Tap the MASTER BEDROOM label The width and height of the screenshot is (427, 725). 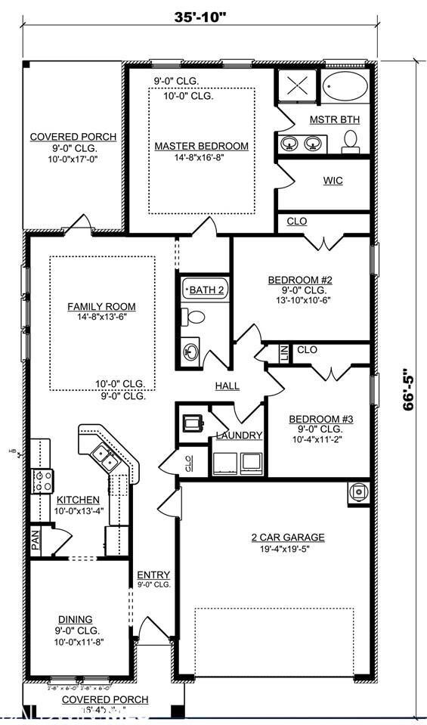point(201,146)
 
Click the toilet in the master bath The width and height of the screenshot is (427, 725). point(350,141)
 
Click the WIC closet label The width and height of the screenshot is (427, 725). point(333,181)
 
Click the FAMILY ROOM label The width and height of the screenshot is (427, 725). point(101,306)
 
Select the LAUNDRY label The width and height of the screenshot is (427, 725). point(239,435)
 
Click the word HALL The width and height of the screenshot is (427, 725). point(227,386)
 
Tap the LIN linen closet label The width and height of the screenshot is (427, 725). point(283,352)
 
